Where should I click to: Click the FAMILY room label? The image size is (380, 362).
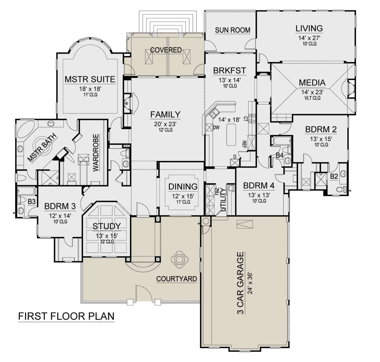click(165, 114)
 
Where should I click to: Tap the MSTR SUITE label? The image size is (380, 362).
click(90, 79)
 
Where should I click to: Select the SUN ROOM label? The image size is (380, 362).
click(232, 30)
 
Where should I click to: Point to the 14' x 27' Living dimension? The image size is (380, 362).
click(309, 38)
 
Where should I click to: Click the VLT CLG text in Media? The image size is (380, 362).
click(312, 98)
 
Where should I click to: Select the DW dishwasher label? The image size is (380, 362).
click(216, 127)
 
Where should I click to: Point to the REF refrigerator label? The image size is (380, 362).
click(244, 144)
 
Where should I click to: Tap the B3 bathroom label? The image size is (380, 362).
click(31, 202)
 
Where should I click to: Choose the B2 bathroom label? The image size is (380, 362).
click(334, 176)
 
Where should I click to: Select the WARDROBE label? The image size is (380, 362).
click(96, 153)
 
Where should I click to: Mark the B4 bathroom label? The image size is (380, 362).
click(280, 155)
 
